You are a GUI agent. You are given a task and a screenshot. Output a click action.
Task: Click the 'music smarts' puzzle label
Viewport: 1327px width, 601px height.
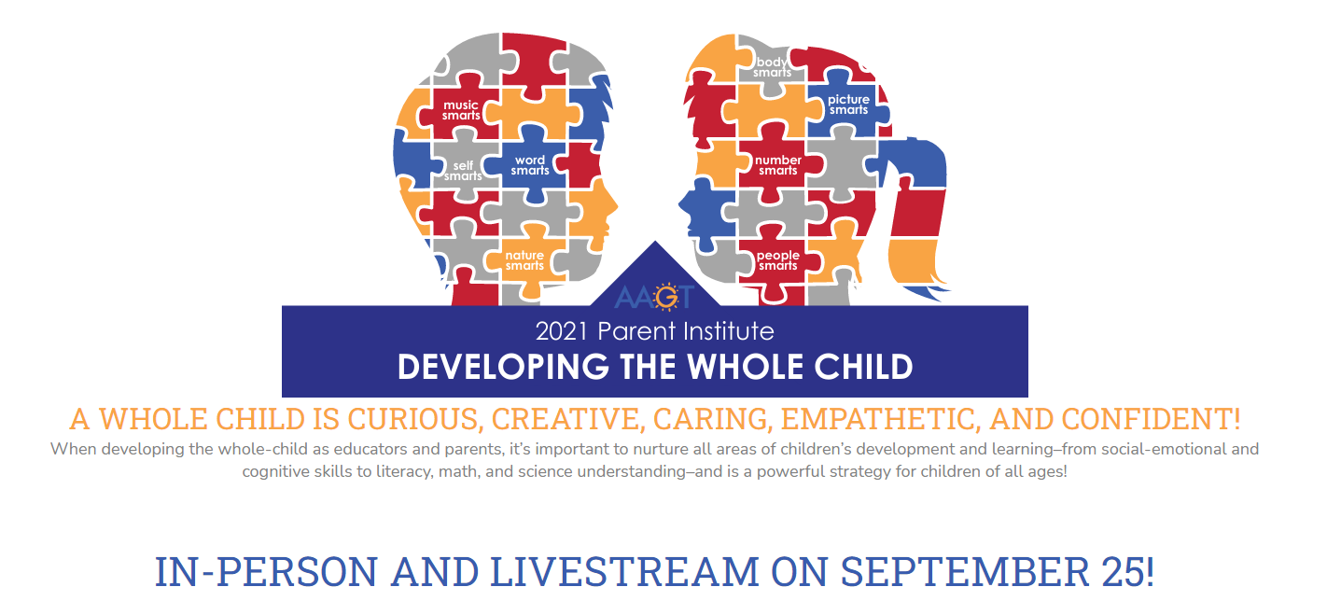(461, 110)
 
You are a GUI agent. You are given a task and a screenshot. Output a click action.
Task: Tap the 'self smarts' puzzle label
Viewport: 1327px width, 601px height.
(463, 171)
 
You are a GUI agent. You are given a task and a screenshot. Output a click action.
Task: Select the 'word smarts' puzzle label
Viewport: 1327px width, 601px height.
(530, 165)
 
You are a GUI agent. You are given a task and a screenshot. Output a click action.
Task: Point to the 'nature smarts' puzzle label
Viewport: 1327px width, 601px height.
(524, 260)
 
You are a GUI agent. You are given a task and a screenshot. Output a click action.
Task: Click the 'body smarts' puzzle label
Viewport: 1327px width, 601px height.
(772, 67)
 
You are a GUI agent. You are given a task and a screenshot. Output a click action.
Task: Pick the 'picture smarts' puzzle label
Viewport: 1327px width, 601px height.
(848, 105)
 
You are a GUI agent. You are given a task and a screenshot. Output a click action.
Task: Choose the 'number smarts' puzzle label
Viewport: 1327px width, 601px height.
(778, 165)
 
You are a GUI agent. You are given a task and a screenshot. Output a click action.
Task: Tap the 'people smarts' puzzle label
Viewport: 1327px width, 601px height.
(778, 260)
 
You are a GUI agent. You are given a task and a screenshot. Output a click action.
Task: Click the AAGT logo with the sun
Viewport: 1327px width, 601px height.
(654, 297)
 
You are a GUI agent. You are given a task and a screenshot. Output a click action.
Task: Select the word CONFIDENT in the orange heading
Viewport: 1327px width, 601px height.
(1151, 419)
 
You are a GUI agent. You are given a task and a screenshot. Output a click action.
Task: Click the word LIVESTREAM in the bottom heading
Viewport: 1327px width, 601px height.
(624, 572)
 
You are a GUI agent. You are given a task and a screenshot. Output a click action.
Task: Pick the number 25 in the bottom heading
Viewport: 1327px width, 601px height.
(1127, 572)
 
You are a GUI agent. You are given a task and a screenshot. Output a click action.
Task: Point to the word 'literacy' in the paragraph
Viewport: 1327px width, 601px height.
(405, 472)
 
